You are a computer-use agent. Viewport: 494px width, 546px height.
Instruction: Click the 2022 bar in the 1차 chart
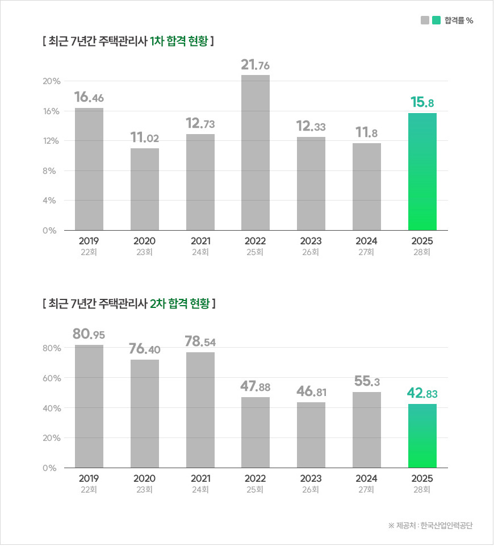point(256,152)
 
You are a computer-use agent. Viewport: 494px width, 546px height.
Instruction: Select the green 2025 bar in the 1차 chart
point(422,172)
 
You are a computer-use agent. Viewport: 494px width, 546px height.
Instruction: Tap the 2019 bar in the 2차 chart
point(89,406)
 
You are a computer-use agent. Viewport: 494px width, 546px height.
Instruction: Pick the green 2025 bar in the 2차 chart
point(422,436)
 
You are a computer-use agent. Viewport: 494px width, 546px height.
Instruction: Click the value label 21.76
point(256,65)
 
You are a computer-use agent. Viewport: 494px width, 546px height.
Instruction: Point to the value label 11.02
point(144,138)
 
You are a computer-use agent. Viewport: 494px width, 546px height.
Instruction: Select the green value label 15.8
point(422,103)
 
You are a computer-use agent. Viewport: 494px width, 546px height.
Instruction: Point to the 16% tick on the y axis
point(52,111)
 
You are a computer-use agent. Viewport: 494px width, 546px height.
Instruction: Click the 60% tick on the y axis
point(52,378)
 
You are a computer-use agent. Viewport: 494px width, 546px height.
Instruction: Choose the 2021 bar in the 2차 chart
point(200,410)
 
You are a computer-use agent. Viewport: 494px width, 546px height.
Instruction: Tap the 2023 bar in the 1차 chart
point(311,184)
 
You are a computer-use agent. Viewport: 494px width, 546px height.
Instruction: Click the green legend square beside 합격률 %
point(436,20)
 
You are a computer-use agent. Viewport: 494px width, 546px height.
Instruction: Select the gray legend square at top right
point(425,20)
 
